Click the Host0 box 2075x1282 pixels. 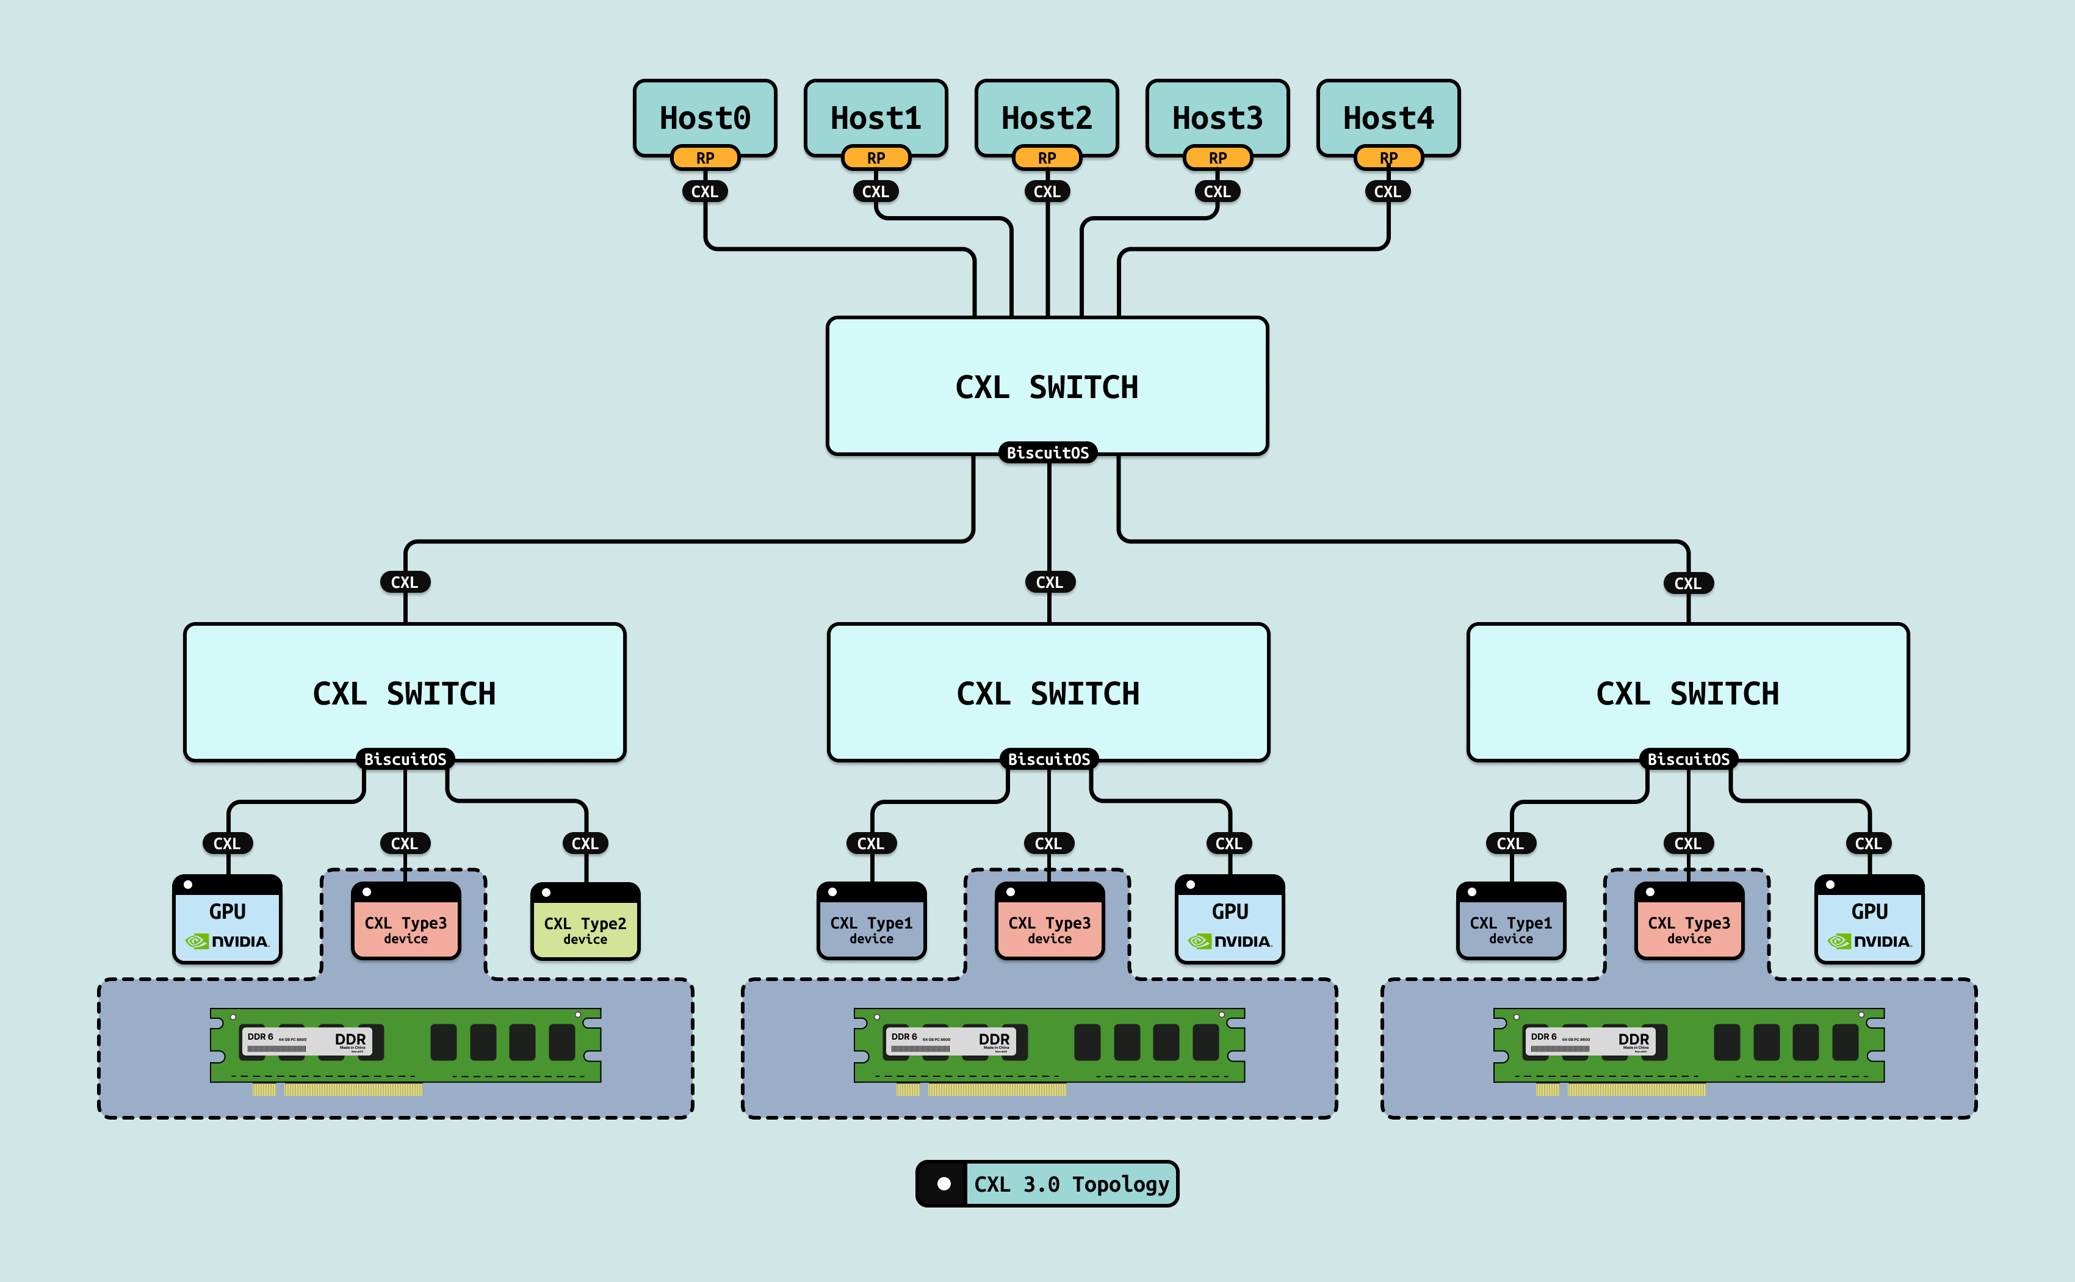click(704, 117)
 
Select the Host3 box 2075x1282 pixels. click(1217, 117)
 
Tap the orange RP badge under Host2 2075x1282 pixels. click(1047, 158)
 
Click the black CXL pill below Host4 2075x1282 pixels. click(1388, 192)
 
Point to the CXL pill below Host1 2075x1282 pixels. click(876, 192)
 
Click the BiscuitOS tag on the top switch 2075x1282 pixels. click(1048, 453)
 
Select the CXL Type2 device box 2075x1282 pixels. click(585, 924)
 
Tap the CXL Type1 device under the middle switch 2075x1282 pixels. click(872, 924)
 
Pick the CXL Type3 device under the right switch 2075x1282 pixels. click(1689, 924)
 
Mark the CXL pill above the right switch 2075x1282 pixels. click(1687, 584)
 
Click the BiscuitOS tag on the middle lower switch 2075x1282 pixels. click(1048, 759)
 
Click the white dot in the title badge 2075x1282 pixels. click(944, 1184)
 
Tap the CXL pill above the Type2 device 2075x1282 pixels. click(585, 844)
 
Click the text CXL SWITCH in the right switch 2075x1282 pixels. click(1687, 694)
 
